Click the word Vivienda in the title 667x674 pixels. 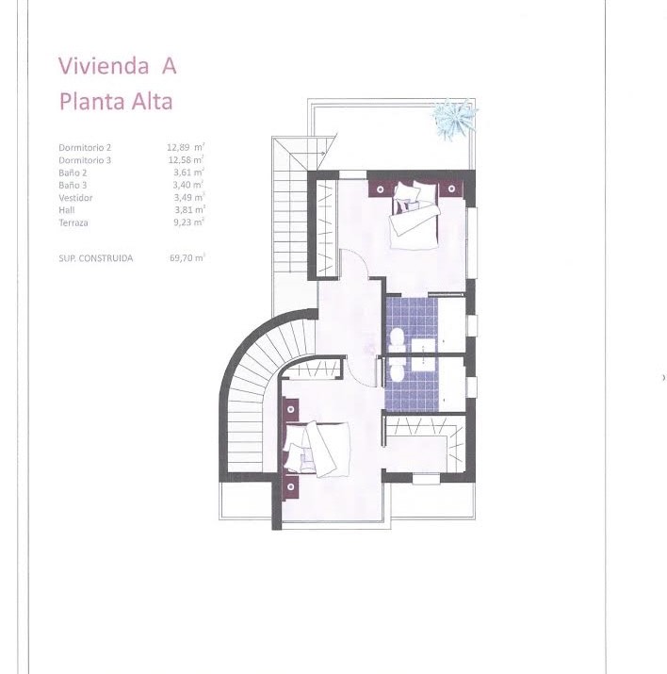click(x=104, y=66)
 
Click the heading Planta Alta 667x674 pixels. click(x=116, y=102)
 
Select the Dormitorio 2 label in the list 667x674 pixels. click(x=85, y=147)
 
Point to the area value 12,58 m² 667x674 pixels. click(x=186, y=160)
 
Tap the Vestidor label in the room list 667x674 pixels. click(x=75, y=198)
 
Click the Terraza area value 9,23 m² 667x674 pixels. click(x=188, y=222)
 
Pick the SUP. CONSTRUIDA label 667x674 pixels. click(x=96, y=258)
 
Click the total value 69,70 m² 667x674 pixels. click(x=187, y=258)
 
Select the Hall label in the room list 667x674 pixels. click(x=67, y=210)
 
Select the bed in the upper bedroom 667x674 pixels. click(x=414, y=215)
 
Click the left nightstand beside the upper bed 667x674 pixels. click(x=380, y=189)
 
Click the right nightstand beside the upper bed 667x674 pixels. click(x=451, y=189)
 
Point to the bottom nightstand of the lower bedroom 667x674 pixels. click(x=291, y=486)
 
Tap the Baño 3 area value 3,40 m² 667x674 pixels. click(x=187, y=185)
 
